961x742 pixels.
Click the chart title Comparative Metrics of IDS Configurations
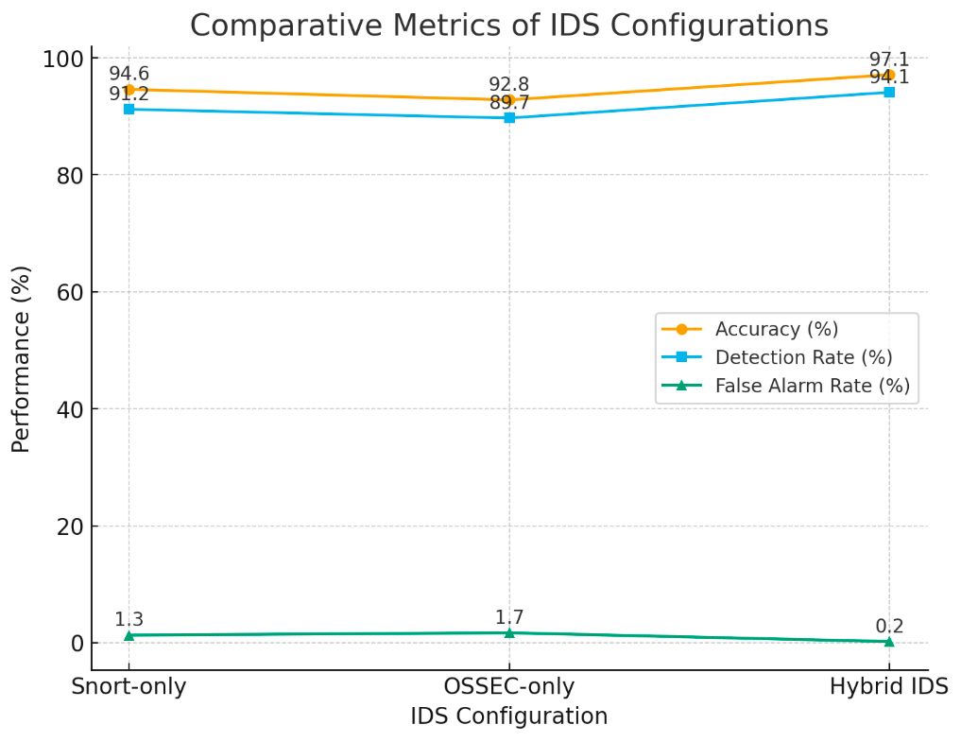pos(508,26)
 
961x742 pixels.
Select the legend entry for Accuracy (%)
pos(776,329)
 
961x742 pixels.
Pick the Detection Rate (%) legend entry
pos(803,357)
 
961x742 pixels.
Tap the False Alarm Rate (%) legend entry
pos(812,386)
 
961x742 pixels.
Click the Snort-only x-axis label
pos(129,687)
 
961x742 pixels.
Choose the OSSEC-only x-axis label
pos(508,687)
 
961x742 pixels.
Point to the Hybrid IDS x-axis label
pos(888,687)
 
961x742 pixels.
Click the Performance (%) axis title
pos(21,359)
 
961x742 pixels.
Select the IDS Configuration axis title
pos(508,716)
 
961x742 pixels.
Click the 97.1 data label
pos(888,60)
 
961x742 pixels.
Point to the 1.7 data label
pos(508,617)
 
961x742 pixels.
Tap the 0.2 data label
pos(888,626)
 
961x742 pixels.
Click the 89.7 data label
pos(508,103)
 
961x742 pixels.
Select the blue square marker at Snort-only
pos(129,110)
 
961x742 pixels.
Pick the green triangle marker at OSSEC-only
pos(508,632)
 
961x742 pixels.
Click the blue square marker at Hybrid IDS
pos(888,93)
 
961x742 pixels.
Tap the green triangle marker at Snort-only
pos(129,635)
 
